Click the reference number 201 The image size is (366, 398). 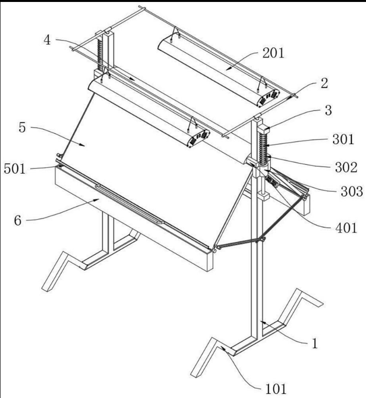[273, 53]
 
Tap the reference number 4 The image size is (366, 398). [47, 40]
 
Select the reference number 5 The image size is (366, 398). [22, 127]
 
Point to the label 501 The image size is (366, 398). [15, 169]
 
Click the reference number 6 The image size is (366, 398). [18, 220]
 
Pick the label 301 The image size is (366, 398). [344, 139]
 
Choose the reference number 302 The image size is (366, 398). [346, 167]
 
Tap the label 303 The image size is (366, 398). [352, 192]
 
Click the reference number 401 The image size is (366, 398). [346, 228]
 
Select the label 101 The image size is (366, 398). [276, 389]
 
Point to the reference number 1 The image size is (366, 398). [315, 344]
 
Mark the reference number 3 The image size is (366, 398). [328, 110]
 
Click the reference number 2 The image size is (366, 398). [325, 83]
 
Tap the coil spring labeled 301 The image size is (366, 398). [264, 147]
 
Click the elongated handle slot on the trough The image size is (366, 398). [130, 204]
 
